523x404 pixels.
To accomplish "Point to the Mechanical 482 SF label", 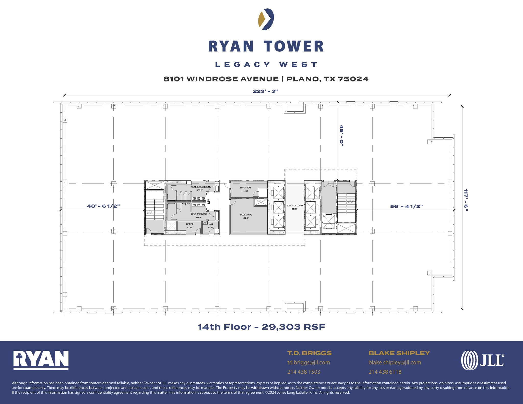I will pos(246,216).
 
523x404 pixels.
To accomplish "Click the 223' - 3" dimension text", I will pos(265,91).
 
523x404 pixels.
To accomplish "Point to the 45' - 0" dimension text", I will pos(341,136).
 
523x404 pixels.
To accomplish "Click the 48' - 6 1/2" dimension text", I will pos(103,206).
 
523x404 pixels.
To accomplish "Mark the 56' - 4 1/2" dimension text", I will pos(406,206).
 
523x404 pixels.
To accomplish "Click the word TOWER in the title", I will pos(294,46).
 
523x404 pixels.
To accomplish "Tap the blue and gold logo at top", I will pos(266,19).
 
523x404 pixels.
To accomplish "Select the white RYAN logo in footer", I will pos(41,360).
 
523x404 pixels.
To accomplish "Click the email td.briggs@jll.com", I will pos(308,362).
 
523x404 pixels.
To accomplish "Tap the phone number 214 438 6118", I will pos(385,372).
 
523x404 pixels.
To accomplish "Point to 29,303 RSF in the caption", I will pos(293,327).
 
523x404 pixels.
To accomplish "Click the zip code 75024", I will pos(353,79).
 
